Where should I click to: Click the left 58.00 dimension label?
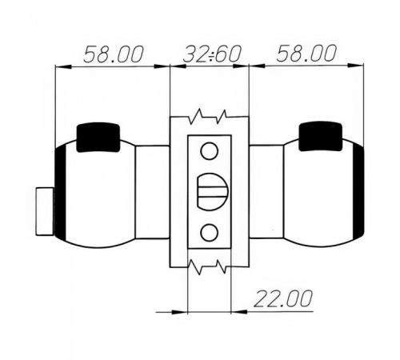(x=114, y=54)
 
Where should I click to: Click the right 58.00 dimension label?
(x=306, y=54)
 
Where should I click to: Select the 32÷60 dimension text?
(x=212, y=54)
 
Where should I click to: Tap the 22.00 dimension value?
(x=282, y=298)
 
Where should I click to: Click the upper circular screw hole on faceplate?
(x=210, y=151)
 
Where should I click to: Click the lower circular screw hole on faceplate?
(x=209, y=232)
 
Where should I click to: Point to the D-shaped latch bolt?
(x=213, y=191)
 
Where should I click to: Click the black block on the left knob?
(x=98, y=138)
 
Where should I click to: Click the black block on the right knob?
(x=320, y=136)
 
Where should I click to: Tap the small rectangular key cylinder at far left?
(x=45, y=211)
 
